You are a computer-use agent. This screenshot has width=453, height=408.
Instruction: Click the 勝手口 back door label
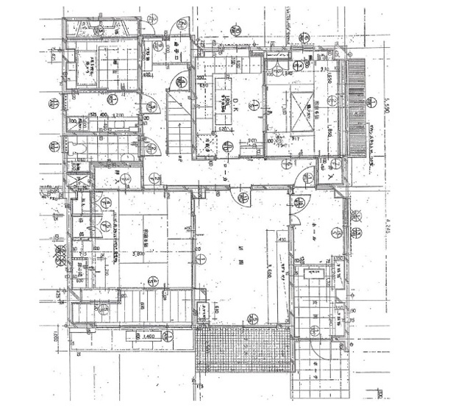(x=180, y=48)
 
